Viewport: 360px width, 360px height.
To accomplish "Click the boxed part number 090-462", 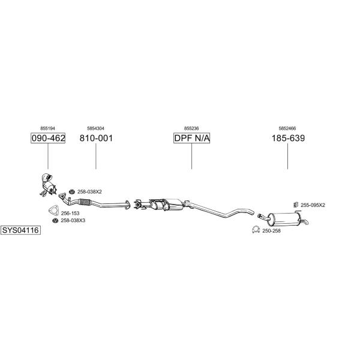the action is (48, 138).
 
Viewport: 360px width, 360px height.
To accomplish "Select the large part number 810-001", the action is (96, 138).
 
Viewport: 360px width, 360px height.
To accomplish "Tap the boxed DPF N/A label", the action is (192, 138).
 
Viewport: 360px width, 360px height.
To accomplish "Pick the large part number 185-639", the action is (288, 138).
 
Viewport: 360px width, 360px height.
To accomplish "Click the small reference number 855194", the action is (48, 128).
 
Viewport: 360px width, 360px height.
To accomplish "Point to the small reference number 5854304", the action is (95, 128).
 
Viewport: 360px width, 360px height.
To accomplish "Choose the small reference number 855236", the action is (191, 128).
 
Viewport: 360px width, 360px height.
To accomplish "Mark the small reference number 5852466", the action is (287, 128).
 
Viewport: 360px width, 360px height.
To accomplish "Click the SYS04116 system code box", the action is (20, 230).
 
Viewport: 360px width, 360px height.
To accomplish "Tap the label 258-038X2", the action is (89, 192).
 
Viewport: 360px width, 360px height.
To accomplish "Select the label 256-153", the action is (70, 213).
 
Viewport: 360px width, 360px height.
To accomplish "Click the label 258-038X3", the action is (73, 220).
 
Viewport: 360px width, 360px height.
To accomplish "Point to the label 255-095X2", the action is (313, 205).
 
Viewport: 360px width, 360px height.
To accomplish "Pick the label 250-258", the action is (271, 231).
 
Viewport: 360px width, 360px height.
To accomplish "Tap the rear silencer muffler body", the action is (284, 219).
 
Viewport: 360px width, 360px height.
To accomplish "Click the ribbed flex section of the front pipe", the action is (85, 202).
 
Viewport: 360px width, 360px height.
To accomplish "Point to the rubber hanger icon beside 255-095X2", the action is (296, 205).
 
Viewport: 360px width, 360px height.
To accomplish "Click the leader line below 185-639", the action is (287, 156).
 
